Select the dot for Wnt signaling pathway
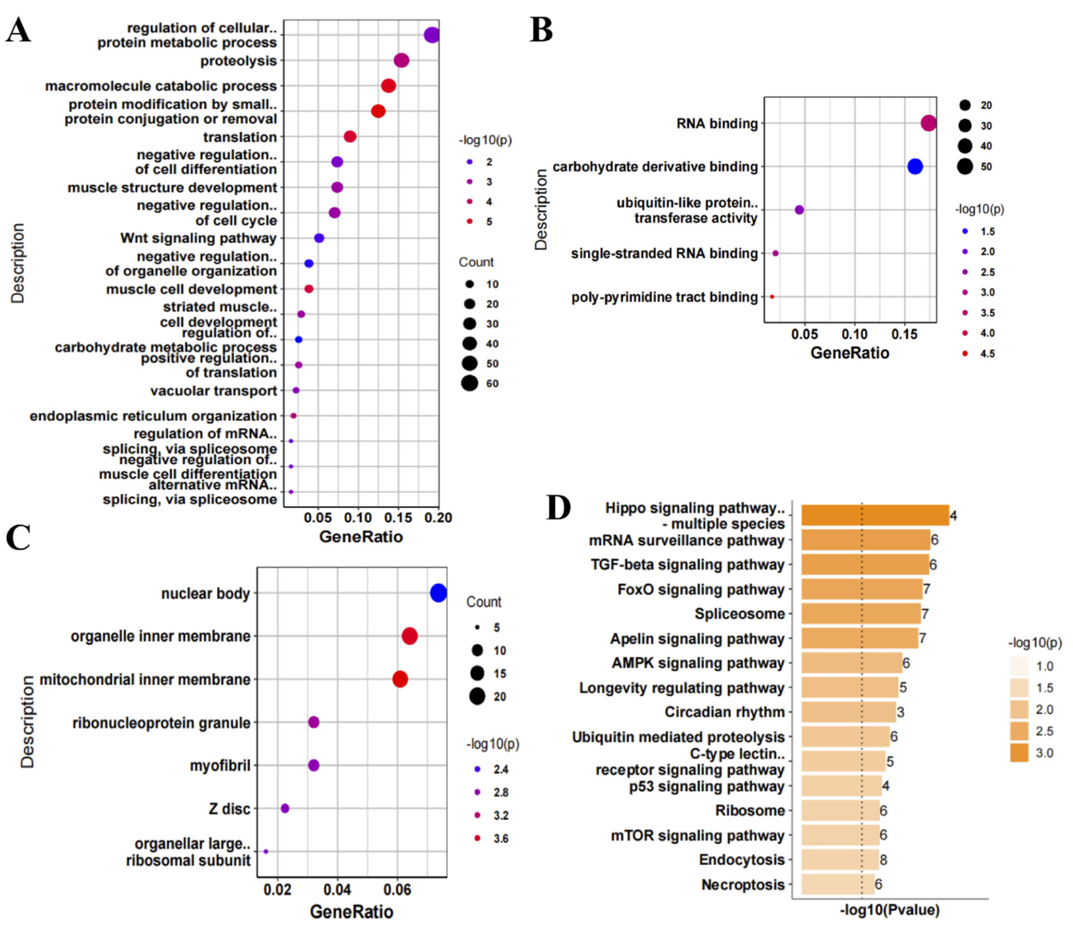[x=319, y=238]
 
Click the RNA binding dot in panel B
[x=928, y=123]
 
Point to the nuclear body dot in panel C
[x=439, y=593]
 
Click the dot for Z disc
[x=285, y=808]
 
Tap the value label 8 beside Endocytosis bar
[x=883, y=860]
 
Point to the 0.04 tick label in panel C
[x=338, y=890]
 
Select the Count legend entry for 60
[x=470, y=384]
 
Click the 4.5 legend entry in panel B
[x=965, y=353]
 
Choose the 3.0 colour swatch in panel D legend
[x=1019, y=753]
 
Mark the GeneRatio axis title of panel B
[x=850, y=353]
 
